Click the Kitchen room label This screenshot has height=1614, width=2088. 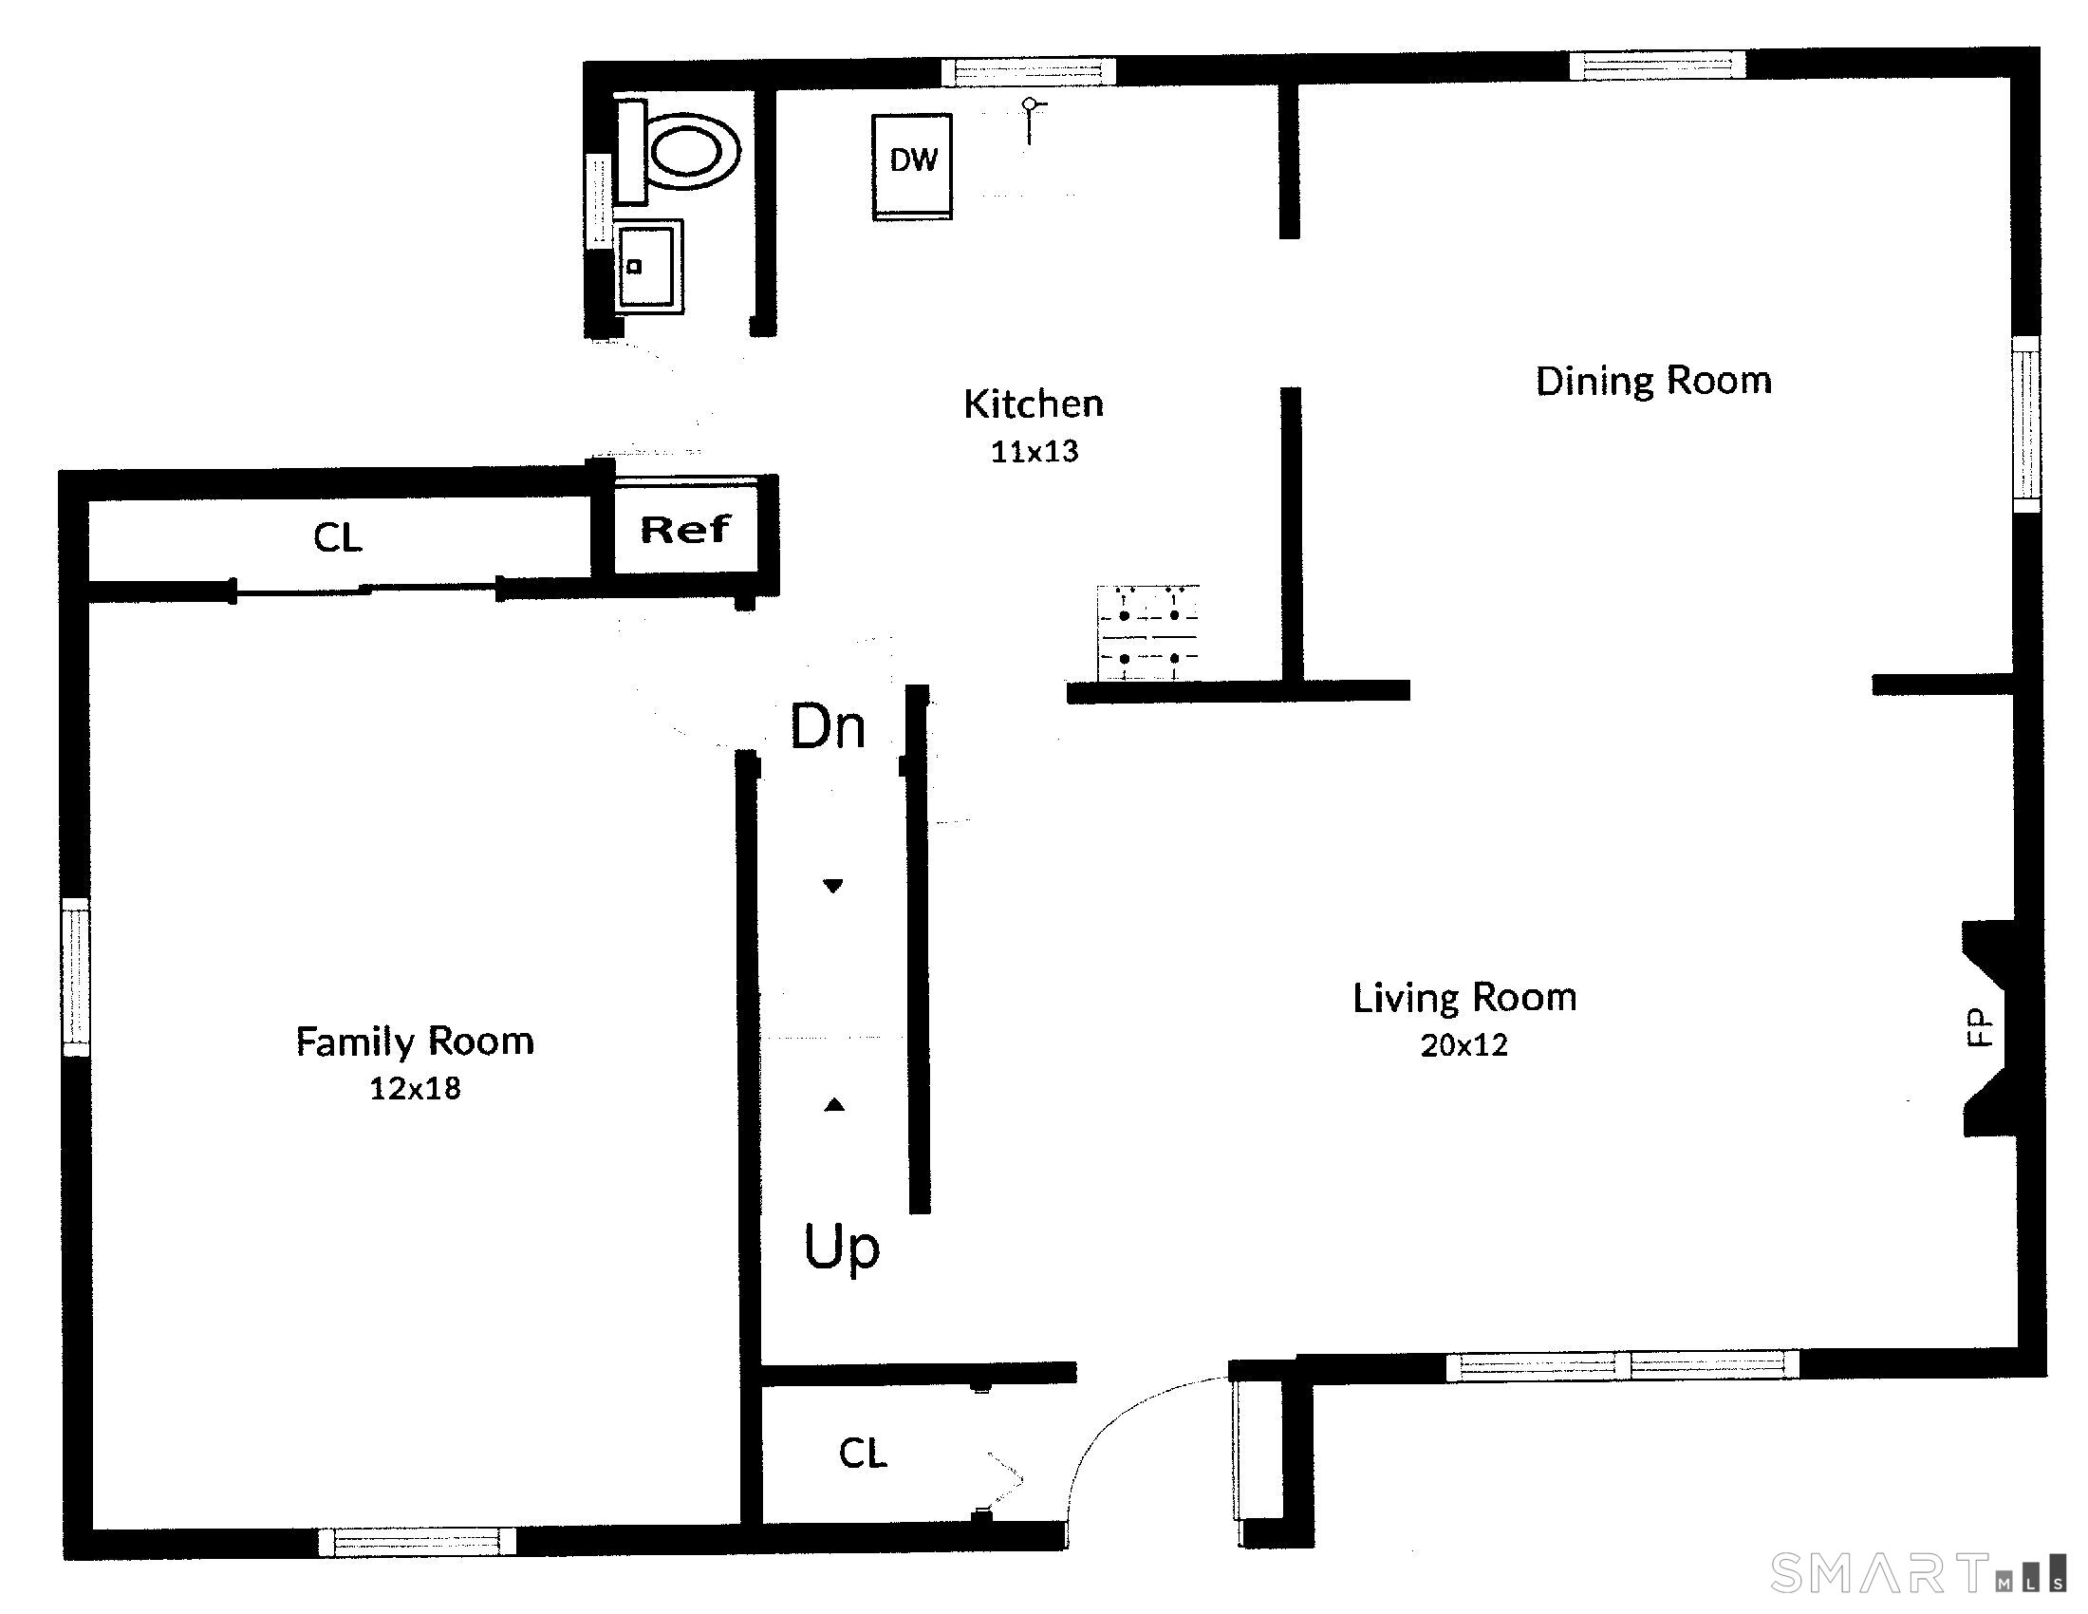1034,403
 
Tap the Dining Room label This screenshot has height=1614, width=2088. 1654,381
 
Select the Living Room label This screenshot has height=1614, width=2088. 1464,998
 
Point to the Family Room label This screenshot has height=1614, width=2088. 415,1042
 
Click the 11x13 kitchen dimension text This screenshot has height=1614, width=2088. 1035,451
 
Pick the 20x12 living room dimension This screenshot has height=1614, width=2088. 1464,1045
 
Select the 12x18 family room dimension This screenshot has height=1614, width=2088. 416,1088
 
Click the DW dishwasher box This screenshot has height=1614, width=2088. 912,167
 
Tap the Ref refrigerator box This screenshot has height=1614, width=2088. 685,529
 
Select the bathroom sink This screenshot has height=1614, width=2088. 649,267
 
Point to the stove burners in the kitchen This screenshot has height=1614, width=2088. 1148,633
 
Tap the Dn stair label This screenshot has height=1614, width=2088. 828,727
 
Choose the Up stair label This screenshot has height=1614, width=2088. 841,1248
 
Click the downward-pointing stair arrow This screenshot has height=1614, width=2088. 833,887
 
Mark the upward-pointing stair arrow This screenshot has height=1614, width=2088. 834,1104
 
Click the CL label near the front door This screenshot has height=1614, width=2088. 864,1454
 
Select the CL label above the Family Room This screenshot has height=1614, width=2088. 338,537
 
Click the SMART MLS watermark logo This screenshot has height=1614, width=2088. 1918,1572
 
